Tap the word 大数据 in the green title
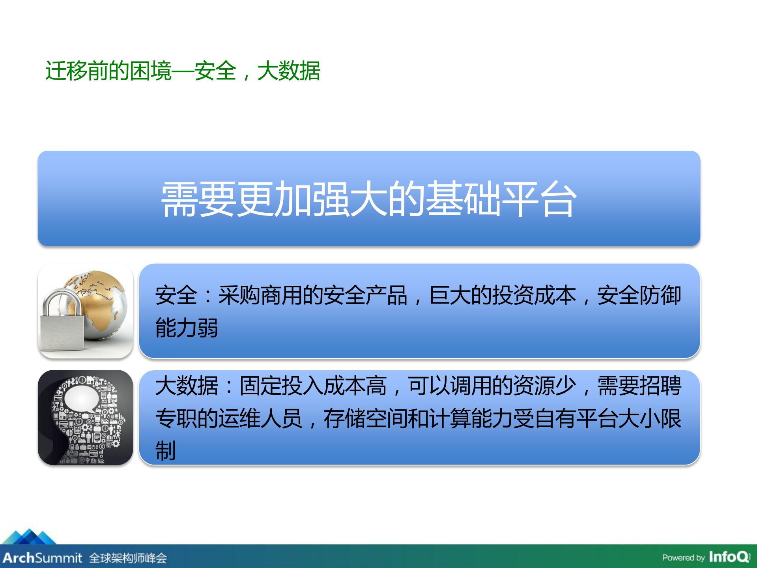click(x=288, y=71)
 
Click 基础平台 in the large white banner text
click(x=501, y=199)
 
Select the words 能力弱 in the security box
click(x=186, y=328)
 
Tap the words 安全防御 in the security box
click(x=639, y=296)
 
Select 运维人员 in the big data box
click(x=260, y=418)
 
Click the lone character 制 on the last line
click(x=165, y=451)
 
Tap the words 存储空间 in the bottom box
click(x=365, y=418)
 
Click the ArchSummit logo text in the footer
click(x=43, y=558)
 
